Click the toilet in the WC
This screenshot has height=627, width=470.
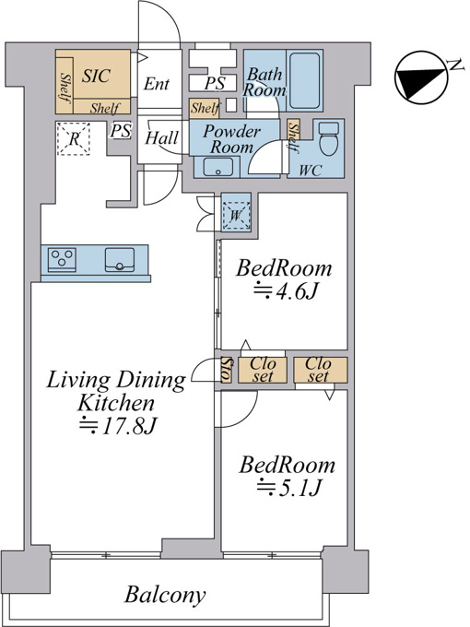(329, 138)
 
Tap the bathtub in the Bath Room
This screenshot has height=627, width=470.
(304, 81)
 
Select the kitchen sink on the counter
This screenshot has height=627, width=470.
(120, 259)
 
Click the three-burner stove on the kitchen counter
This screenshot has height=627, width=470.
(62, 259)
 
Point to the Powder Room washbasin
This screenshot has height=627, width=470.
(218, 167)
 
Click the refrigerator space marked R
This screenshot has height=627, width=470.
(74, 138)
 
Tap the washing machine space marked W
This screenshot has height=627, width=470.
(236, 216)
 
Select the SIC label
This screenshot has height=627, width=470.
(96, 76)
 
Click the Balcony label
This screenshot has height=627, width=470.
(165, 595)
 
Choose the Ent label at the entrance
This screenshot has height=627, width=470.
(157, 84)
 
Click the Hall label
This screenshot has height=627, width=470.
(161, 138)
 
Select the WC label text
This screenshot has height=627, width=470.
(311, 171)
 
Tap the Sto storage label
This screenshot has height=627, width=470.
(226, 370)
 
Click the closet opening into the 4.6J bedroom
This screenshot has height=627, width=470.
(263, 370)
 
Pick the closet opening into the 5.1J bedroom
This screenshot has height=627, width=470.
(321, 370)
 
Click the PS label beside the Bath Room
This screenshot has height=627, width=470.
(215, 83)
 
